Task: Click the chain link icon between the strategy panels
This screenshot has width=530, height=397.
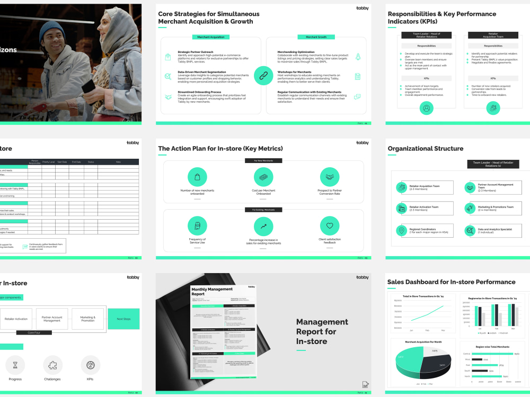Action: click(x=263, y=76)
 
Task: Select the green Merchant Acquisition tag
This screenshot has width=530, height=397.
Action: click(x=210, y=37)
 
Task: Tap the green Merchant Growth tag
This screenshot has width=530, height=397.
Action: click(x=316, y=37)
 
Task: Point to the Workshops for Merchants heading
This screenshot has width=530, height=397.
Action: click(x=294, y=72)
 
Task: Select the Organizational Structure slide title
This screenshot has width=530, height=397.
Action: click(x=425, y=149)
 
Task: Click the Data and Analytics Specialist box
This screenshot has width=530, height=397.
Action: click(x=492, y=230)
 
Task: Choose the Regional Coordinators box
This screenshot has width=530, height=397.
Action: click(x=425, y=230)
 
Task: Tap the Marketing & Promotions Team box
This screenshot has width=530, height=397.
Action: click(x=492, y=209)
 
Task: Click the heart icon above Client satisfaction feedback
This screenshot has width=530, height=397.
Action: click(x=329, y=226)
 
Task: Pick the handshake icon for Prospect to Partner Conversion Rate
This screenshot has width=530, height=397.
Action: click(x=329, y=177)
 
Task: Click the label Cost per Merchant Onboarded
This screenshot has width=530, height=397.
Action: click(x=263, y=192)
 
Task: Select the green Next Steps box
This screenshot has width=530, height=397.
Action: click(x=123, y=319)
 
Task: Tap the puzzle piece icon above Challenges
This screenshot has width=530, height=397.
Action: click(x=52, y=365)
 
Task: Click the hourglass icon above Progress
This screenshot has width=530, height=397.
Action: click(x=15, y=365)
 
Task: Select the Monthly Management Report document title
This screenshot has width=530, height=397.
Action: click(x=212, y=291)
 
